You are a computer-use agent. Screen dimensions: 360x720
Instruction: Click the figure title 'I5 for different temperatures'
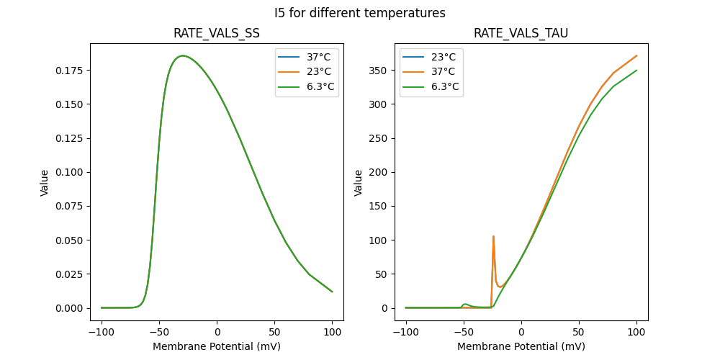[360, 13]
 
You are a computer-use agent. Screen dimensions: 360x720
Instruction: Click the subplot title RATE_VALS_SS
[217, 34]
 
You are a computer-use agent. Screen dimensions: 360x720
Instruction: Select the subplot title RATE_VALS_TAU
[521, 34]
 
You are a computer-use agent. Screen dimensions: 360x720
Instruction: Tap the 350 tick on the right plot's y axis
[379, 71]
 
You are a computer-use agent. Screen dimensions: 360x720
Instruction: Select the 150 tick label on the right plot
[379, 206]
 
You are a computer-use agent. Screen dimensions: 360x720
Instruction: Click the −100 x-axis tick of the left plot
[102, 334]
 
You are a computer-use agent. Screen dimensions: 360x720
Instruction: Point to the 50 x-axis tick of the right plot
[579, 334]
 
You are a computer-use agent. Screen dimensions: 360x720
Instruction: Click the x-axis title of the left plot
[217, 346]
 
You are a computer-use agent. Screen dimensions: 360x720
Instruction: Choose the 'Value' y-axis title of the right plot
[358, 183]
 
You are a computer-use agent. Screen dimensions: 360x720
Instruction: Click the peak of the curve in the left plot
[183, 55]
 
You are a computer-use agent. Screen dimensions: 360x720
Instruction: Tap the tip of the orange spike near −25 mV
[493, 236]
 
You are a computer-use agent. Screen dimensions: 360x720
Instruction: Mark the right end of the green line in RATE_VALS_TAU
[636, 71]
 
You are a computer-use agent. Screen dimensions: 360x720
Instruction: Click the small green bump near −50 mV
[465, 304]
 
